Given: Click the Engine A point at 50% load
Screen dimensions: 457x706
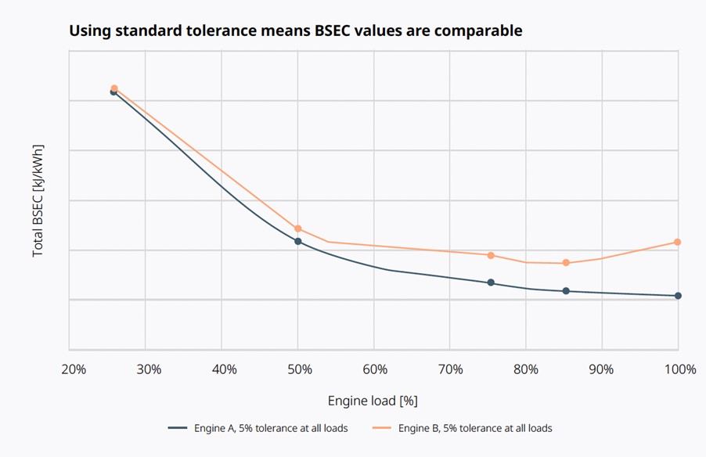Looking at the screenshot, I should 298,241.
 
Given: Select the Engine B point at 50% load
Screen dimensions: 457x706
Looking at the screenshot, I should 298,228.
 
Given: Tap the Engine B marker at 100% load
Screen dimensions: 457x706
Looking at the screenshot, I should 678,243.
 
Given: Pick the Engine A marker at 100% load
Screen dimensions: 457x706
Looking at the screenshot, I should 678,296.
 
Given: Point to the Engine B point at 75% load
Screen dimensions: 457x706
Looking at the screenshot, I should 491,255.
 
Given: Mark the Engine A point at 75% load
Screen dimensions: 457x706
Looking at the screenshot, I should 491,282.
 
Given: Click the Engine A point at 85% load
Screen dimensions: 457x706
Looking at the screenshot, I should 566,291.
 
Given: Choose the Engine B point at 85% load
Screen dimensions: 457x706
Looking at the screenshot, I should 566,263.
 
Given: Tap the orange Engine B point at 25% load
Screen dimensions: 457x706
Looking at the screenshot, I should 114,88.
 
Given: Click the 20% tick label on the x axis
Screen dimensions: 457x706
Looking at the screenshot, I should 73,369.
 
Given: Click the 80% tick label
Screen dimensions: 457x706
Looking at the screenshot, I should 526,369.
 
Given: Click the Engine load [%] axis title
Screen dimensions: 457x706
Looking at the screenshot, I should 373,401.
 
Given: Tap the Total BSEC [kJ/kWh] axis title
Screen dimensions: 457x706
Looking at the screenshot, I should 38,200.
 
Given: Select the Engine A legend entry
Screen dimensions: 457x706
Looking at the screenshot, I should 258,428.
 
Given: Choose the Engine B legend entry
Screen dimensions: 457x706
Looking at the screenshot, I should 463,428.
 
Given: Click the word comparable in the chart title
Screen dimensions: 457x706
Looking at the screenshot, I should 474,31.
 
